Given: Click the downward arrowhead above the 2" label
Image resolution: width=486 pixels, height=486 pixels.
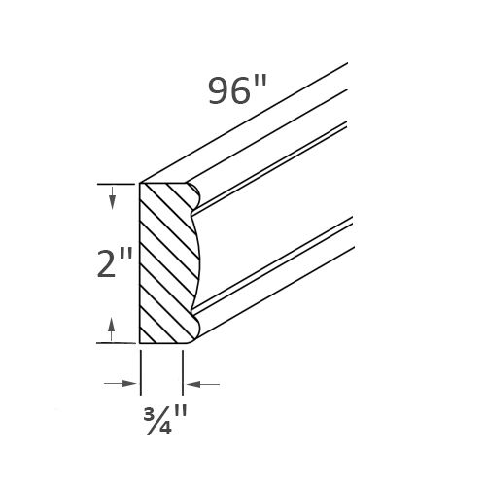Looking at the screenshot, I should [114, 200].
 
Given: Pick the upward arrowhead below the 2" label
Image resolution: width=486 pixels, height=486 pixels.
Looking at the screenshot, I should [114, 328].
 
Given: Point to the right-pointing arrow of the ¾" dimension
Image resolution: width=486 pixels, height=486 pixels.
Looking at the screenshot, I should [133, 384].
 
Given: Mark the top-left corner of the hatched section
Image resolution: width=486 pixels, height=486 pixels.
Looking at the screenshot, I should [142, 182].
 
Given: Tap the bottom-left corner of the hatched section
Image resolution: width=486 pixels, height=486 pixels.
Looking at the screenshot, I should [142, 343].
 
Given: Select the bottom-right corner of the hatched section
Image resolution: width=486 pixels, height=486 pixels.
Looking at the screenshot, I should [184, 343].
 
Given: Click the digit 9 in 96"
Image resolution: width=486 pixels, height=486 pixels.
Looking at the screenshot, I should [221, 89].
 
